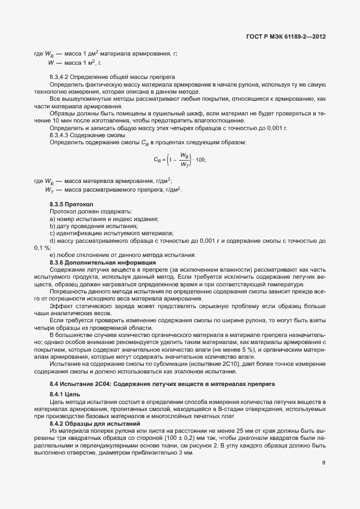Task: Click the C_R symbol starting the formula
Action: pos(157,160)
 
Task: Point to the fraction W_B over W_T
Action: pos(185,160)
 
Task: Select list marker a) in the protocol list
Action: pos(52,219)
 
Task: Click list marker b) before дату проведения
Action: pos(52,226)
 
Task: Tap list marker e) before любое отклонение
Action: pos(52,255)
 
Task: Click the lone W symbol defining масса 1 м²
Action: pos(50,63)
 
